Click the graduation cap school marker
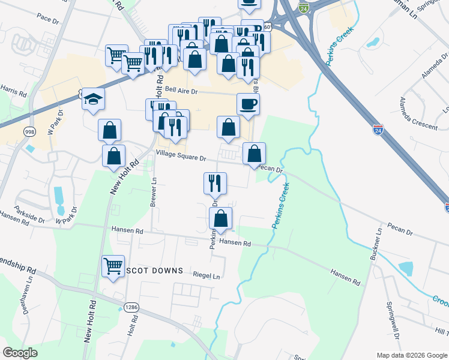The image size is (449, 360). click(94, 98)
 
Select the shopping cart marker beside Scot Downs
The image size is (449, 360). click(113, 266)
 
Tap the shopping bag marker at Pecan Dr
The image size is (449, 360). click(254, 154)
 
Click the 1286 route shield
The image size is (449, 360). click(131, 307)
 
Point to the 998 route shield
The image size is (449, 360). click(29, 131)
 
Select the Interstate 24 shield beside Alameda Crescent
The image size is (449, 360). click(378, 130)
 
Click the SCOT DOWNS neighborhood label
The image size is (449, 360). click(153, 271)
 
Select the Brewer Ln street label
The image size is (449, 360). click(154, 192)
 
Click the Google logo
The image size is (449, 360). click(20, 352)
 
